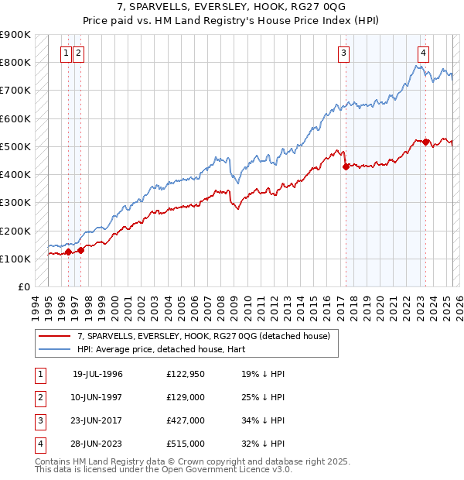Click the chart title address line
pos(231,7)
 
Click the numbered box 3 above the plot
pos(343,53)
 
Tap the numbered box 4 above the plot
pos(424,53)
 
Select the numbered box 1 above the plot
pos(67,53)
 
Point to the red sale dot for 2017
pos(346,166)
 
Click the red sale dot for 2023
pos(426,142)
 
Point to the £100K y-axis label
pos(15,259)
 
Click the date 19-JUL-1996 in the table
pos(97,374)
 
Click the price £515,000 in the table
pos(185,444)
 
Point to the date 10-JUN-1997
pos(97,398)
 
